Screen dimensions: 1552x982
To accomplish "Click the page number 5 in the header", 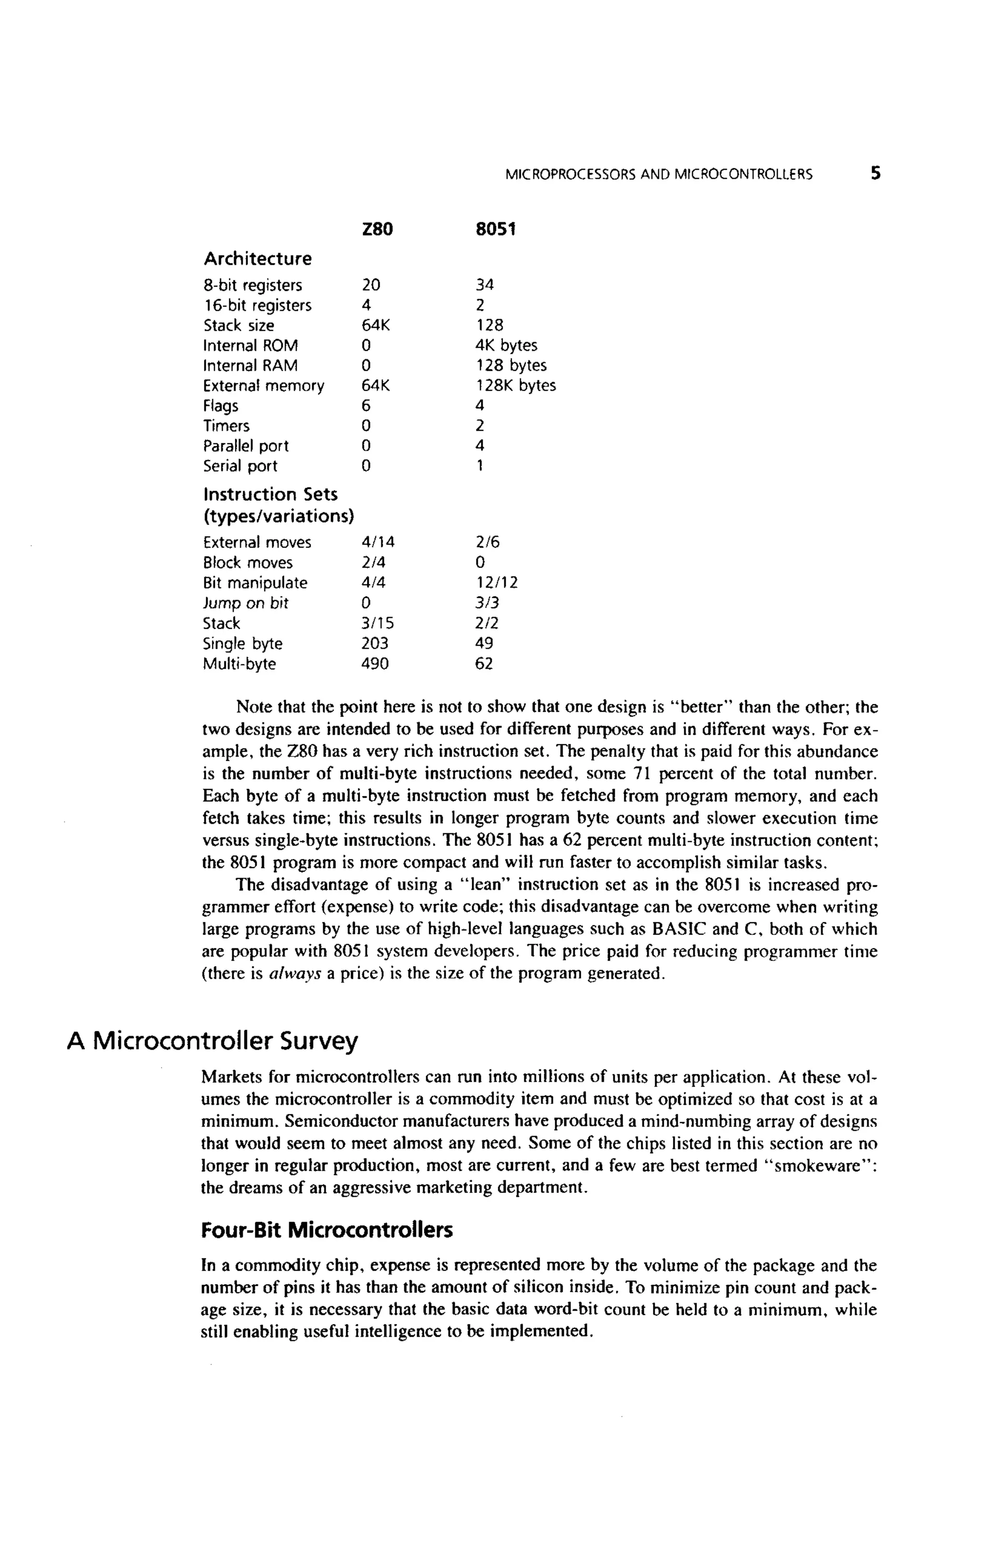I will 875,173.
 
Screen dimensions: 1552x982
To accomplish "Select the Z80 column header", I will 377,230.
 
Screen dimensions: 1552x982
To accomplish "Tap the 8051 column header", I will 495,230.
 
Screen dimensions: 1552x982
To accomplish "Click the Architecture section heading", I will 257,259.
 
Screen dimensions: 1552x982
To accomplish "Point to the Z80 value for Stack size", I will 375,325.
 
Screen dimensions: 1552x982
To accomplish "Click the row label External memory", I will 263,386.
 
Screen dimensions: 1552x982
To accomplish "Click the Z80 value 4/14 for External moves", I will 378,543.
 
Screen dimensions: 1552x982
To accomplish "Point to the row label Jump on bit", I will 245,603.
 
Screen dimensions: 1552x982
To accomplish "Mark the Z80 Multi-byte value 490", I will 374,664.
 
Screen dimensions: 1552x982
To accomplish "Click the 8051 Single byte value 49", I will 484,643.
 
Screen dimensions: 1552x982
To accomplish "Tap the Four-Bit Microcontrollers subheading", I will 327,1230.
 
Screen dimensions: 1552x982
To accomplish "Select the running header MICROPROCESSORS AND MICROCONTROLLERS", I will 658,174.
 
